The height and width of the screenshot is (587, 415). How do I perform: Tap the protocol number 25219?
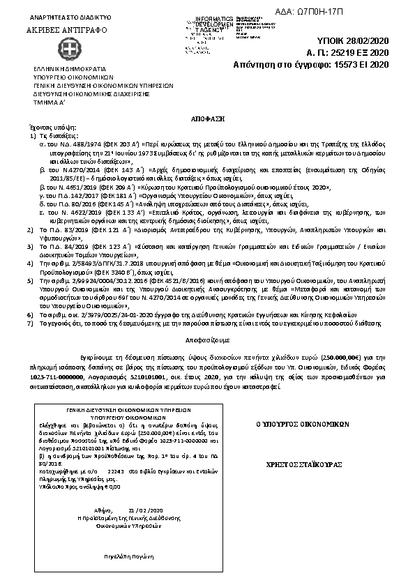point(354,52)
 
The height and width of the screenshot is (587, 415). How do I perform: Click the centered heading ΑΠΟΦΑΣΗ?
point(207,111)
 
